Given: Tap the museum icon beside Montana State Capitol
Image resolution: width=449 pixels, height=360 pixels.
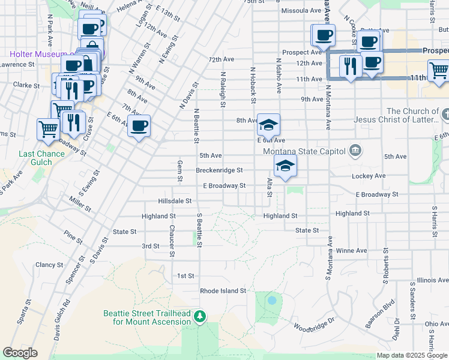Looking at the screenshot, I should coord(355,149).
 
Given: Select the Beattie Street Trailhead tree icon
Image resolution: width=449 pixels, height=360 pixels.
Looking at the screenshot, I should coord(201,316).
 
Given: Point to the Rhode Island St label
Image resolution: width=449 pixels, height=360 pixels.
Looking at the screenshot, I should coord(223,290).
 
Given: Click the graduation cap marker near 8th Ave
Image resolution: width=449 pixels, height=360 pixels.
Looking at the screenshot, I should coord(268,125).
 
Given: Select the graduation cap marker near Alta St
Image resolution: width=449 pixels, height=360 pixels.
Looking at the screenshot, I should coord(286,167).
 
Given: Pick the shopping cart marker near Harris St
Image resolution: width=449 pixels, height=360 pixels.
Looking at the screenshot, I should coord(439,70).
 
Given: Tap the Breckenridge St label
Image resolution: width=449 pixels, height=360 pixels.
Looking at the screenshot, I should coord(219,170).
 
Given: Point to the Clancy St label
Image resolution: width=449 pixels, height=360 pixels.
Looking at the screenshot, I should coord(49,265).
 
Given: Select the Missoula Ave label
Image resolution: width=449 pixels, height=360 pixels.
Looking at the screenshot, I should coord(301,11).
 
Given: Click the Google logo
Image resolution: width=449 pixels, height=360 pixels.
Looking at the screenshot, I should coord(20,353).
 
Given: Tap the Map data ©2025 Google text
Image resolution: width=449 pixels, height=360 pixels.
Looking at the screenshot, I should coord(412,355).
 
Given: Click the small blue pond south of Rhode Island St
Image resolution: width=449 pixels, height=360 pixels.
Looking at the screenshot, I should coord(272,300).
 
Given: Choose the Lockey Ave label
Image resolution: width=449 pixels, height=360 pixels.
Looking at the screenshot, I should coord(369,176).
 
